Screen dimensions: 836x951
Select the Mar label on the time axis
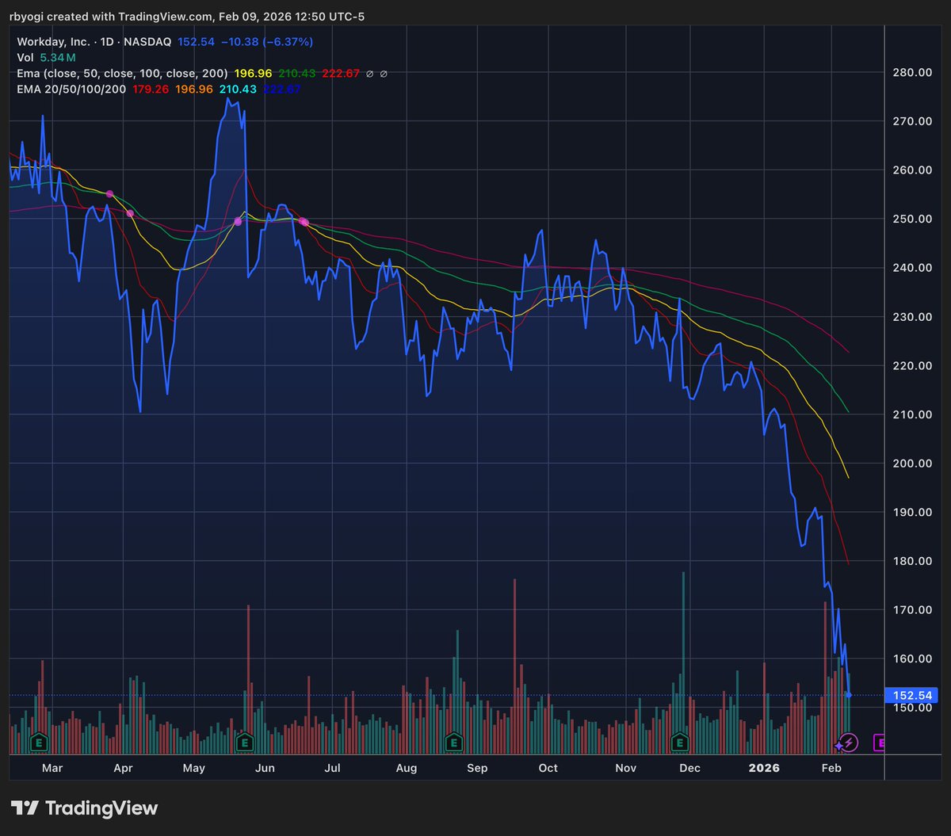(x=52, y=768)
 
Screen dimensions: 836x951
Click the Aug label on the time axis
(x=407, y=768)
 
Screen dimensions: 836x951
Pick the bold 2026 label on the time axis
(x=765, y=768)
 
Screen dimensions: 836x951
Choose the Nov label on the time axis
(x=626, y=768)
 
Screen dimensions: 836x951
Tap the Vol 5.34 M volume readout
(x=47, y=58)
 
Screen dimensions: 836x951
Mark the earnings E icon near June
(x=245, y=742)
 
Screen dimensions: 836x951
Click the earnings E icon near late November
(x=679, y=742)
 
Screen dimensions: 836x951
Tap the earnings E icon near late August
(x=453, y=742)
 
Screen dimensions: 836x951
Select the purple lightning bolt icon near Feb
(x=849, y=742)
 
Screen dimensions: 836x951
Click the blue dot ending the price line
(x=850, y=695)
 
